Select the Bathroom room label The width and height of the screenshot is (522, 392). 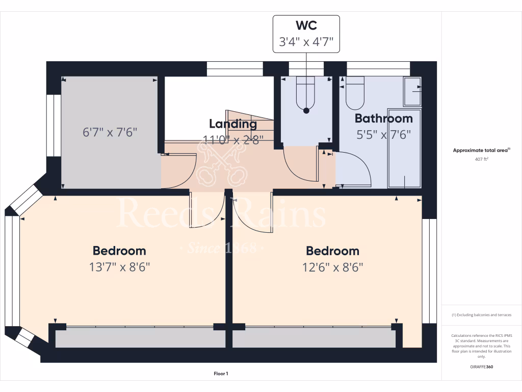(383, 118)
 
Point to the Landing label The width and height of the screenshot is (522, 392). (233, 124)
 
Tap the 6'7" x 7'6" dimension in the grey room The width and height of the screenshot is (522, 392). (110, 132)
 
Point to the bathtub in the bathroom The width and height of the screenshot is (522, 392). (404, 148)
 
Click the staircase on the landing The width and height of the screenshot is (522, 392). (250, 128)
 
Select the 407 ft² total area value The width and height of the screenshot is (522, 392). (482, 159)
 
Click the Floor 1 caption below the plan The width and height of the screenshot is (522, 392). (221, 374)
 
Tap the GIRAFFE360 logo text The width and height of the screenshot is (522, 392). (482, 367)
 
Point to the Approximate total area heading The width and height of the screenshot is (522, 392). (481, 151)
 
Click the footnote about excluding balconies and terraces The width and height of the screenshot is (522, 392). (482, 315)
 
